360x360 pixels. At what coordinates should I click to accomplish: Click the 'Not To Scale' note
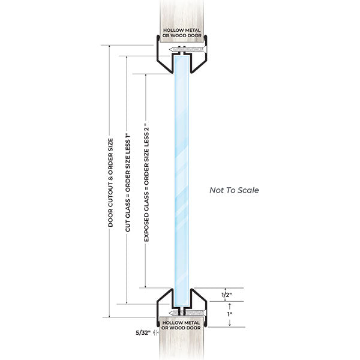pyautogui.click(x=234, y=190)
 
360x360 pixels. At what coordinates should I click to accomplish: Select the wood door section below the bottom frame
pyautogui.click(x=180, y=347)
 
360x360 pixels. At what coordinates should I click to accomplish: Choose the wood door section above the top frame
pyautogui.click(x=180, y=12)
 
